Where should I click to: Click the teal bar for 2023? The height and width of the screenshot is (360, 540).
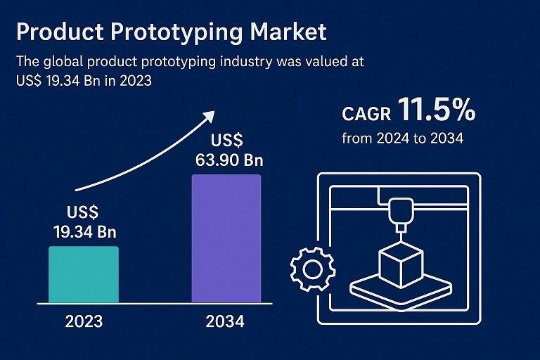click(83, 274)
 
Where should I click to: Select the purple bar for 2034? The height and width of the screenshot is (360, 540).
click(226, 238)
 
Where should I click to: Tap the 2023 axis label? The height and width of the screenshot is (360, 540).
click(84, 322)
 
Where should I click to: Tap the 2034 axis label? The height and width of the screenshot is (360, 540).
click(226, 322)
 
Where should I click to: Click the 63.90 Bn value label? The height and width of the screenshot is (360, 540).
click(229, 159)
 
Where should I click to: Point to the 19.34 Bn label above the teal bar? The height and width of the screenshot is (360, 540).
click(84, 231)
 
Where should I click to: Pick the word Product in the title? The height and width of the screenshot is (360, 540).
click(53, 32)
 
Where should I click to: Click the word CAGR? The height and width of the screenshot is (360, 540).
click(366, 114)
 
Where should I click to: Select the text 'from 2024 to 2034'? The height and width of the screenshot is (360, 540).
click(402, 139)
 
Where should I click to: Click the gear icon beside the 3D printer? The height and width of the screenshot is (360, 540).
click(307, 268)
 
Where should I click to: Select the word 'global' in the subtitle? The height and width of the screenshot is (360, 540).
click(68, 62)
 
